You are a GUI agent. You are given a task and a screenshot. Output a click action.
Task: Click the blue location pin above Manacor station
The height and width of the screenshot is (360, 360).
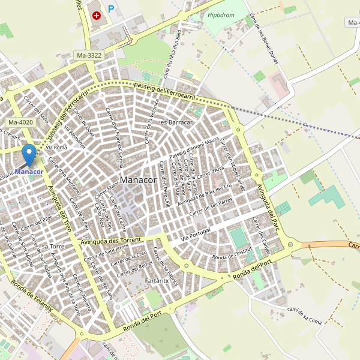[x=29, y=155]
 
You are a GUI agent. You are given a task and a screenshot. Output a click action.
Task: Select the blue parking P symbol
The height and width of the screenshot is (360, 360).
[x=111, y=9]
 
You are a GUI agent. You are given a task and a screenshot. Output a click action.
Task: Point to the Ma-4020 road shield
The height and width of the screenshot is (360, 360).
[x=21, y=122]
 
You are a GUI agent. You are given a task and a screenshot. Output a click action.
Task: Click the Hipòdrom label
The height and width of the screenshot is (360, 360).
[x=220, y=15]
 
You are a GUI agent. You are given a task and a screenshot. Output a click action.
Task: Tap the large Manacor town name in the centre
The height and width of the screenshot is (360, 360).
[x=138, y=179]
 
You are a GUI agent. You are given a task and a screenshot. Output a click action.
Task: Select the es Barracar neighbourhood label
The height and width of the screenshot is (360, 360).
[x=176, y=122]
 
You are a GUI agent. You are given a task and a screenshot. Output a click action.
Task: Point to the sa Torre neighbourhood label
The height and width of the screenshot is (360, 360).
[x=53, y=247]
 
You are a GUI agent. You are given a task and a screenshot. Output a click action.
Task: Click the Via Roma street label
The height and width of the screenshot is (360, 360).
[x=56, y=147]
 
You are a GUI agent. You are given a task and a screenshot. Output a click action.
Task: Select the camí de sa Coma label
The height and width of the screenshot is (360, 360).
[x=305, y=315]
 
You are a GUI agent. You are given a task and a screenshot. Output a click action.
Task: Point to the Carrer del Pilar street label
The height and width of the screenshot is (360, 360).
[x=35, y=225]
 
